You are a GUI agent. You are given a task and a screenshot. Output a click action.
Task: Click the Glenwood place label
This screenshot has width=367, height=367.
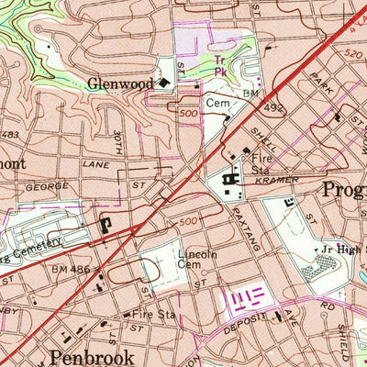point(120,83)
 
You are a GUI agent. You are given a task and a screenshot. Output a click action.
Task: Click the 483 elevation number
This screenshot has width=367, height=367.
point(9,136)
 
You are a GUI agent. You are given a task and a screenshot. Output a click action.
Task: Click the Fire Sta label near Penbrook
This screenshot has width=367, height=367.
point(153,313)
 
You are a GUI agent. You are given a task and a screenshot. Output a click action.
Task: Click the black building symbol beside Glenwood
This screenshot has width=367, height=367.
point(163,83)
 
